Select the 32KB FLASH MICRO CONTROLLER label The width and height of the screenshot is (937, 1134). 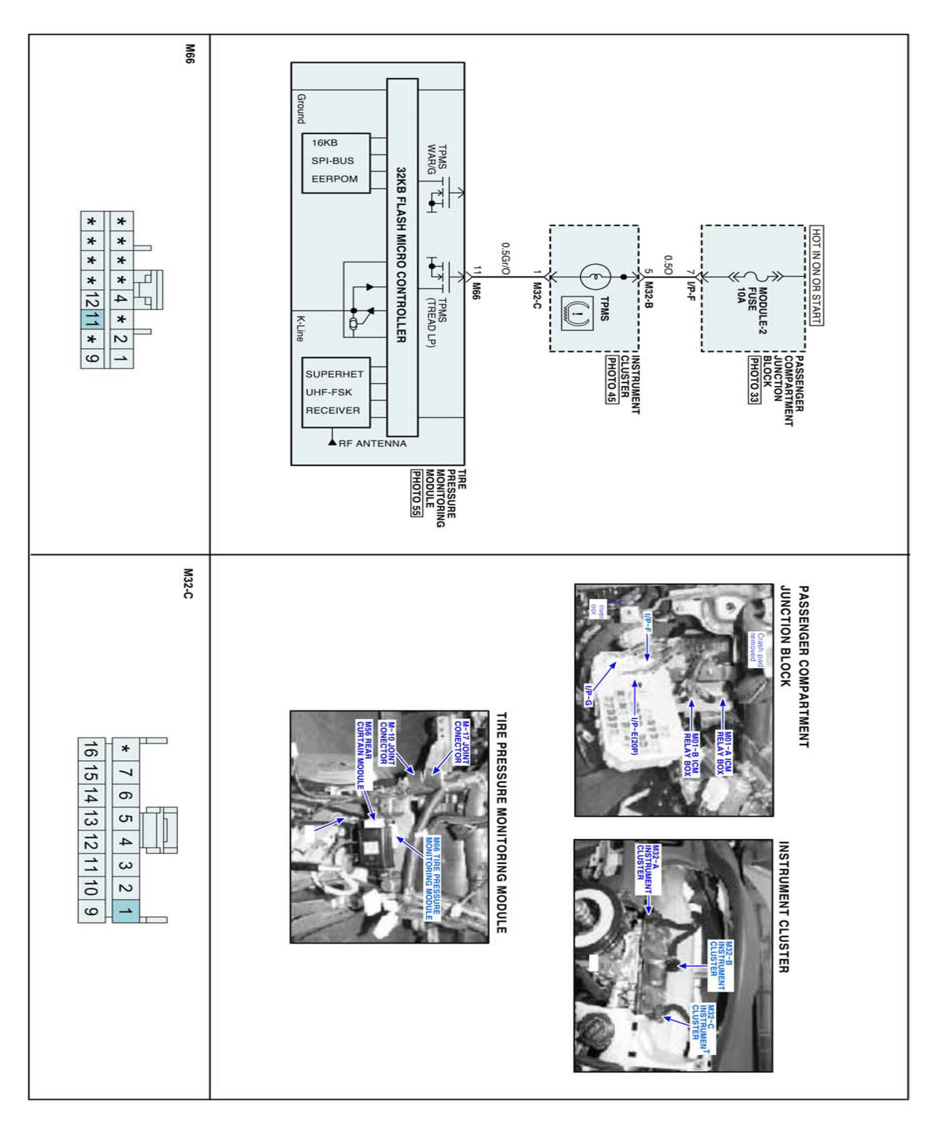[402, 255]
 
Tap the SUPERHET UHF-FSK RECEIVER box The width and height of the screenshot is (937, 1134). [335, 392]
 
